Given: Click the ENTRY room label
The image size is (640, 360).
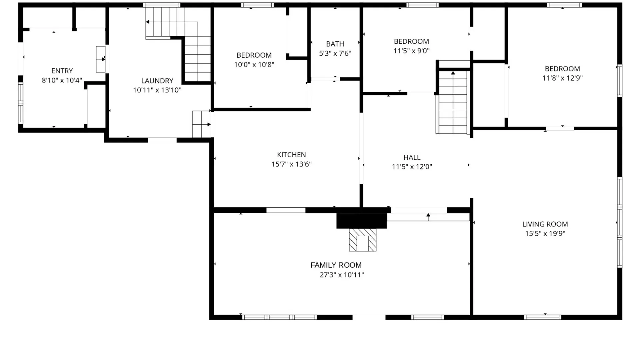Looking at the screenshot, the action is (62, 71).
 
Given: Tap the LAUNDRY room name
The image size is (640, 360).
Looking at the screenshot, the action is (157, 81).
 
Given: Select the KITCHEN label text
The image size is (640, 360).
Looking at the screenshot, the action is (291, 155).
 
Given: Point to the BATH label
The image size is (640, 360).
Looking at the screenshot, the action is (335, 44).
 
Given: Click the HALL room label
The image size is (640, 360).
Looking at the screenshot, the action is (412, 157).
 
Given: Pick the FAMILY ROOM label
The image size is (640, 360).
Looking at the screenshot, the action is (336, 265).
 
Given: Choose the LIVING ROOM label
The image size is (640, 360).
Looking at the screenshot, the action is (545, 224).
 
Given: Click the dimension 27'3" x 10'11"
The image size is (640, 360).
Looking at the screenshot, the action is (342, 275).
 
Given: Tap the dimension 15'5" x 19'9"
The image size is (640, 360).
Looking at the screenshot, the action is (545, 234).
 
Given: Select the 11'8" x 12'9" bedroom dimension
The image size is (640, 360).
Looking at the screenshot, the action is (562, 78).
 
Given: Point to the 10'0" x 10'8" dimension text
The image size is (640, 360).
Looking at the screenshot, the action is (254, 65).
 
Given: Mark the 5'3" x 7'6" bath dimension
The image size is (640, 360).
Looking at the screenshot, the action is (335, 53).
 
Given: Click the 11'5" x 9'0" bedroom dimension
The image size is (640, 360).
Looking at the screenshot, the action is (411, 51).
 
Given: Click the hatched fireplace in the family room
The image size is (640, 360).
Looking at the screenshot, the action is (363, 240).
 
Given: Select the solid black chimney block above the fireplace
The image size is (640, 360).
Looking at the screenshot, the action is (362, 221).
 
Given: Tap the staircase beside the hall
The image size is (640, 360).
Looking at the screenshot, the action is (453, 102).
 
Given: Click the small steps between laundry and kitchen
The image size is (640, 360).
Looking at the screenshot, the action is (202, 124).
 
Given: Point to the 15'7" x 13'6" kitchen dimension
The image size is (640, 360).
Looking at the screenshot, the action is (291, 164).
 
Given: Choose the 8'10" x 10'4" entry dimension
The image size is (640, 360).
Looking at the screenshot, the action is (62, 80).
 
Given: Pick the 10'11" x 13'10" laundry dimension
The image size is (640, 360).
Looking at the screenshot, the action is (157, 90).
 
